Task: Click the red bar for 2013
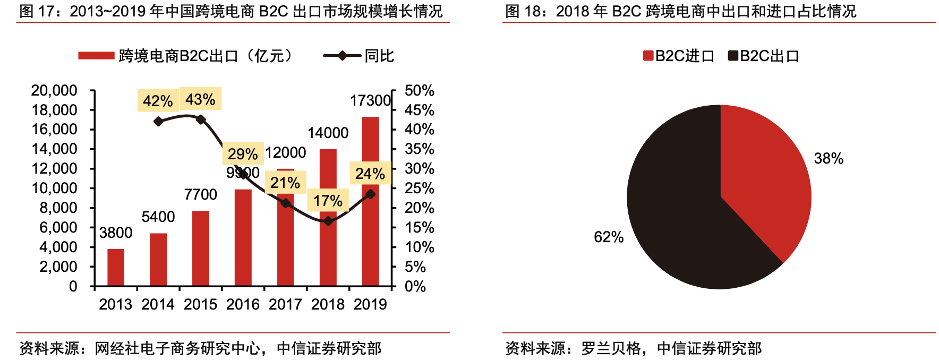pos(116,267)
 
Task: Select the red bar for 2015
pos(201,248)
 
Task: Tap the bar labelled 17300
pos(370,202)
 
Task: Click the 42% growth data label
pos(158,101)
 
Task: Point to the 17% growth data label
pos(328,201)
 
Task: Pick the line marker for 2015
pos(201,119)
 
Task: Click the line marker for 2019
pos(370,194)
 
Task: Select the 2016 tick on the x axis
pos(243,304)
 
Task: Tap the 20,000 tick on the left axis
pos(54,90)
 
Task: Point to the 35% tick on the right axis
pos(419,149)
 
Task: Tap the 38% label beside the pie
pos(829,158)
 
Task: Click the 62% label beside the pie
pos(609,237)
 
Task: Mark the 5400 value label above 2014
pos(158,217)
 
